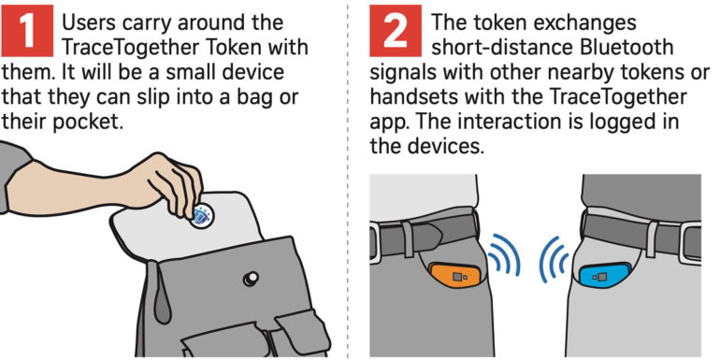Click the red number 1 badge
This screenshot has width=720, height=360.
tap(26, 31)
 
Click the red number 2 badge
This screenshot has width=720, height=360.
tap(396, 31)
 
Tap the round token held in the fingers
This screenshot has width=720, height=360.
tap(201, 215)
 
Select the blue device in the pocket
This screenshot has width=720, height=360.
tap(603, 277)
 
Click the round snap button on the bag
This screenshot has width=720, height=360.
tap(251, 279)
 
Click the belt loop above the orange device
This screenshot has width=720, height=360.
tap(408, 238)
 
